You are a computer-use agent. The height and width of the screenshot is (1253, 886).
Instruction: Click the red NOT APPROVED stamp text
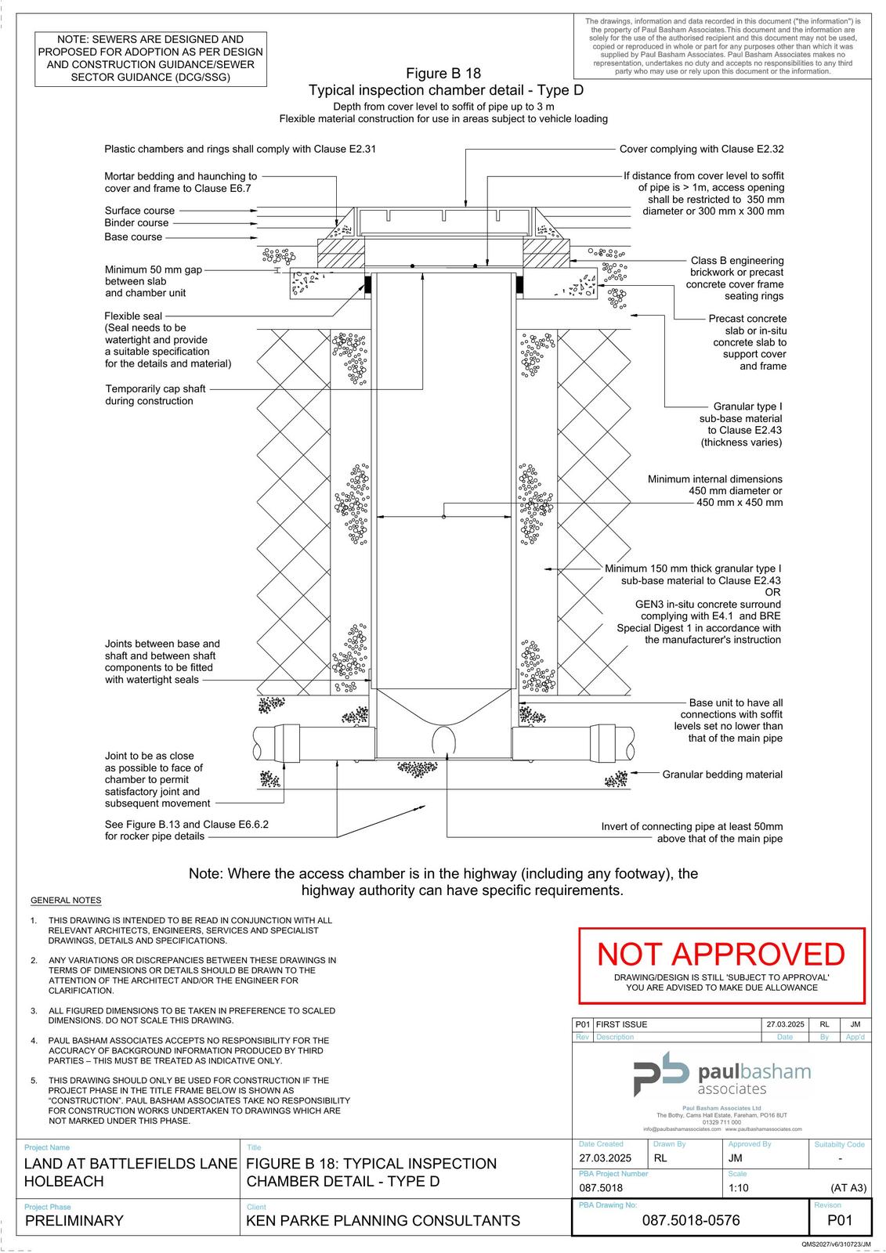(x=721, y=954)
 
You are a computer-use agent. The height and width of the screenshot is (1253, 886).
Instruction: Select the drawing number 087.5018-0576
(x=690, y=1220)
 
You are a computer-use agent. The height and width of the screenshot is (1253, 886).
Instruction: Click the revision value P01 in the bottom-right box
(x=839, y=1220)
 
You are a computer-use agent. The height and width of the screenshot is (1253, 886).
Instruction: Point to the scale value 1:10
(x=738, y=1187)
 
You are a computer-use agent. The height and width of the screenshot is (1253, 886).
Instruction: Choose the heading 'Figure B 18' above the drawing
(x=443, y=74)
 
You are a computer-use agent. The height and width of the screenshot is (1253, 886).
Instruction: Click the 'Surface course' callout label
(x=139, y=211)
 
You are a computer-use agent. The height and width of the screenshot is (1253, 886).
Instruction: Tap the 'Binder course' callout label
(x=136, y=223)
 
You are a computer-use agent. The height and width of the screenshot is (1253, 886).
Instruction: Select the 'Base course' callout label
(x=133, y=237)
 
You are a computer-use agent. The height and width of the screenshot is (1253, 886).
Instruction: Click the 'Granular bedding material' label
(x=721, y=775)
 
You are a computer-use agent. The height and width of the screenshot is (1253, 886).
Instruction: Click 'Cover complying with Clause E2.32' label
(x=701, y=149)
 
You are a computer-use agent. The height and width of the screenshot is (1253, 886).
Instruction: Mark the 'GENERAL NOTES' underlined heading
(x=66, y=901)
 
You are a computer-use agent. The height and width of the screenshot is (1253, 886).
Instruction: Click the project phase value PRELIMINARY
(x=74, y=1220)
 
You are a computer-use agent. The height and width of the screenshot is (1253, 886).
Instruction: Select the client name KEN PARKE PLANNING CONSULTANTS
(x=383, y=1220)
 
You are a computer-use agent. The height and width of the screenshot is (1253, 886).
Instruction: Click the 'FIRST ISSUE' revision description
(x=621, y=1024)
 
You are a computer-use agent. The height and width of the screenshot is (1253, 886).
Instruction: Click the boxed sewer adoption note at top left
(x=150, y=58)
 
